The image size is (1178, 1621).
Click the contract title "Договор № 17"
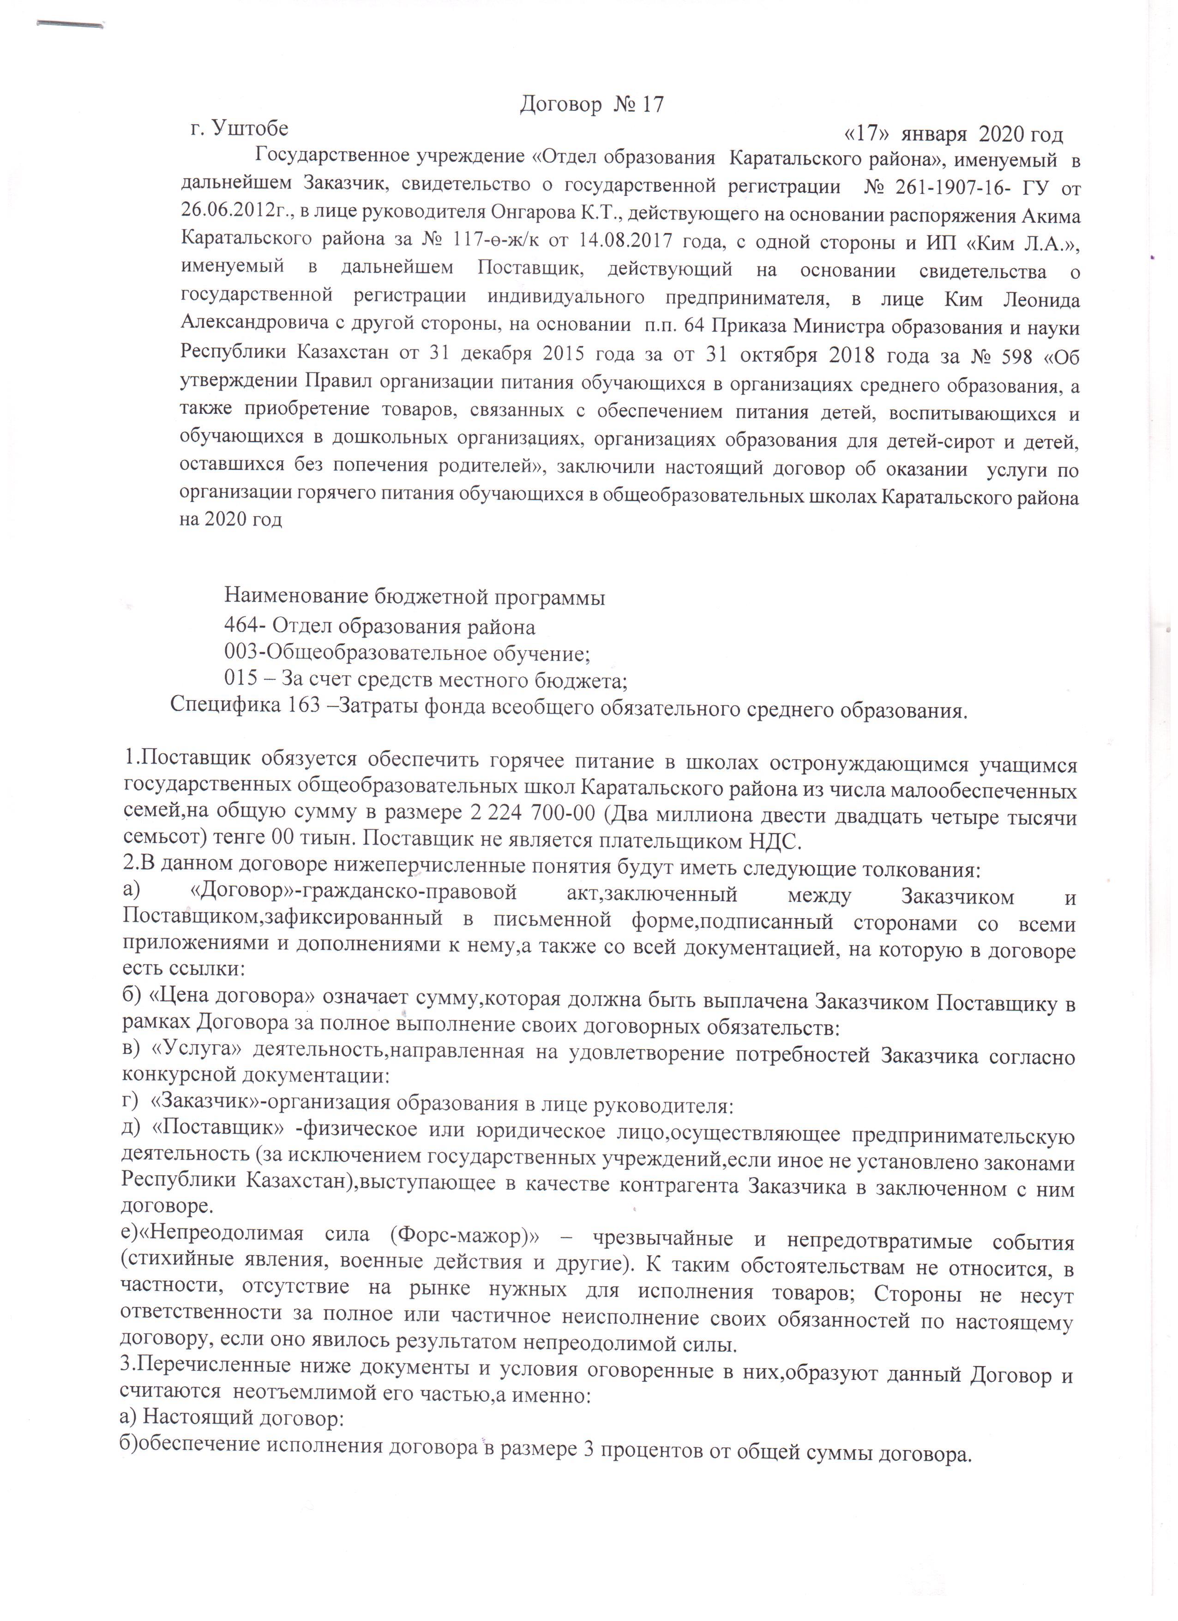coord(591,105)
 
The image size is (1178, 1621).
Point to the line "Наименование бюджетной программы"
coord(415,597)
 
